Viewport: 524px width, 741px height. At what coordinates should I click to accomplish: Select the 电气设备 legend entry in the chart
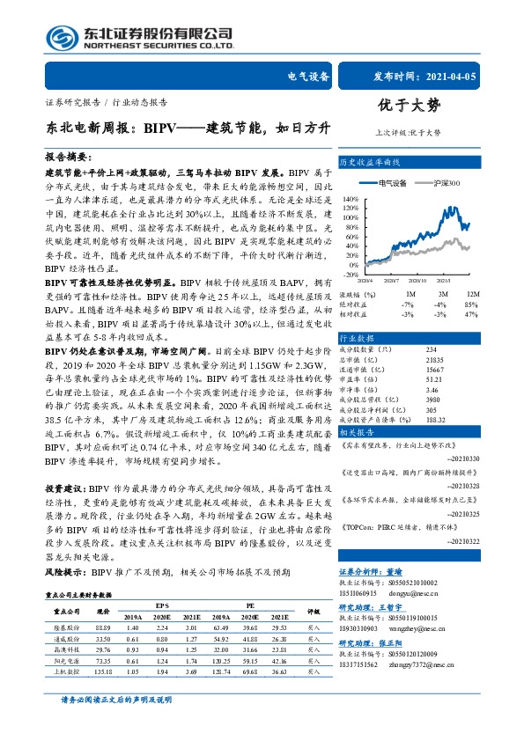[x=393, y=182]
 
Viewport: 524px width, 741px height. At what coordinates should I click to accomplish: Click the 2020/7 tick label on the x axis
[x=391, y=279]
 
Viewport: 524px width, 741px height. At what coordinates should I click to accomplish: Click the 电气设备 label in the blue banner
[x=308, y=77]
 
